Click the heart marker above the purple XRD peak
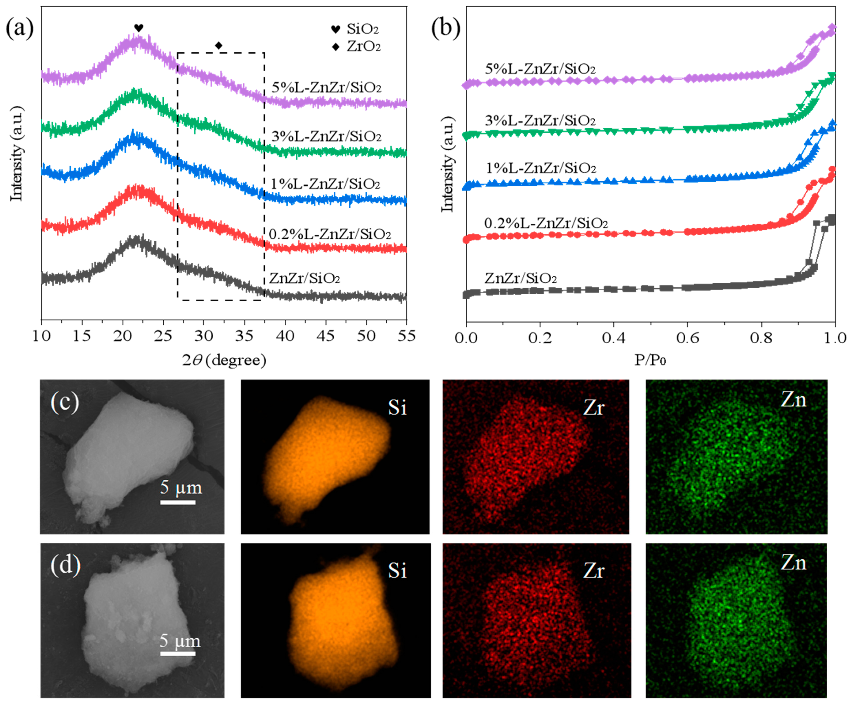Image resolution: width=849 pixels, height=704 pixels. pos(139,28)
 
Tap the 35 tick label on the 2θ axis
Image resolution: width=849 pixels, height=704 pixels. pos(244,336)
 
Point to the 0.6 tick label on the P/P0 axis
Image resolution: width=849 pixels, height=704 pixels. pos(687,338)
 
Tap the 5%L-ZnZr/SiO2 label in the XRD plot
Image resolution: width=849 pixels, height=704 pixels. pos(326,88)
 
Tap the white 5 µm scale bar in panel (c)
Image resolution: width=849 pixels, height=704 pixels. pos(178,502)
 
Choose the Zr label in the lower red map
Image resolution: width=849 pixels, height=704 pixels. pos(594,571)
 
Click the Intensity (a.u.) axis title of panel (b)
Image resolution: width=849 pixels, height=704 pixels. pos(448,164)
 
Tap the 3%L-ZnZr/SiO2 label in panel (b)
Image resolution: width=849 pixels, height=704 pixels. pos(540,121)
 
